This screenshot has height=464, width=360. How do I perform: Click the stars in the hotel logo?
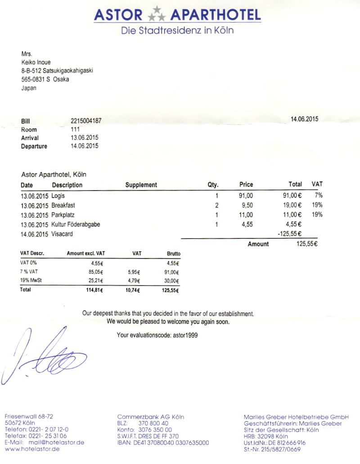coord(157,14)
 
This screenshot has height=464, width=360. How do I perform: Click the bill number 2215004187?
coord(86,121)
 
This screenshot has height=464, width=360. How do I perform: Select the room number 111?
coord(75,129)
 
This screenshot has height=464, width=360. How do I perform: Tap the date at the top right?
coord(304,119)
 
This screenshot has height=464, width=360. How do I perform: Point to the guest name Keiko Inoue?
coord(36,62)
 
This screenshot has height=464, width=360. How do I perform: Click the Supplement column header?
coord(141,185)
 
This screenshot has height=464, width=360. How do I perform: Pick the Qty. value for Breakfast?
coord(216,205)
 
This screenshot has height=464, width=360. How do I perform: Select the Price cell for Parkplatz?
coord(247,214)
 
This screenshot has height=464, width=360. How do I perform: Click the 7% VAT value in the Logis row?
coord(319,196)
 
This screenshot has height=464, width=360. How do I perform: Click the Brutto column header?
coord(173,254)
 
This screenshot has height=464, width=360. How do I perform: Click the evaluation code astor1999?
coord(185,335)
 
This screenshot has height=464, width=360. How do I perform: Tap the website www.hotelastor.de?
coord(32,450)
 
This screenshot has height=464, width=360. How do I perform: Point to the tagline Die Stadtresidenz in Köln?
coord(177,31)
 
